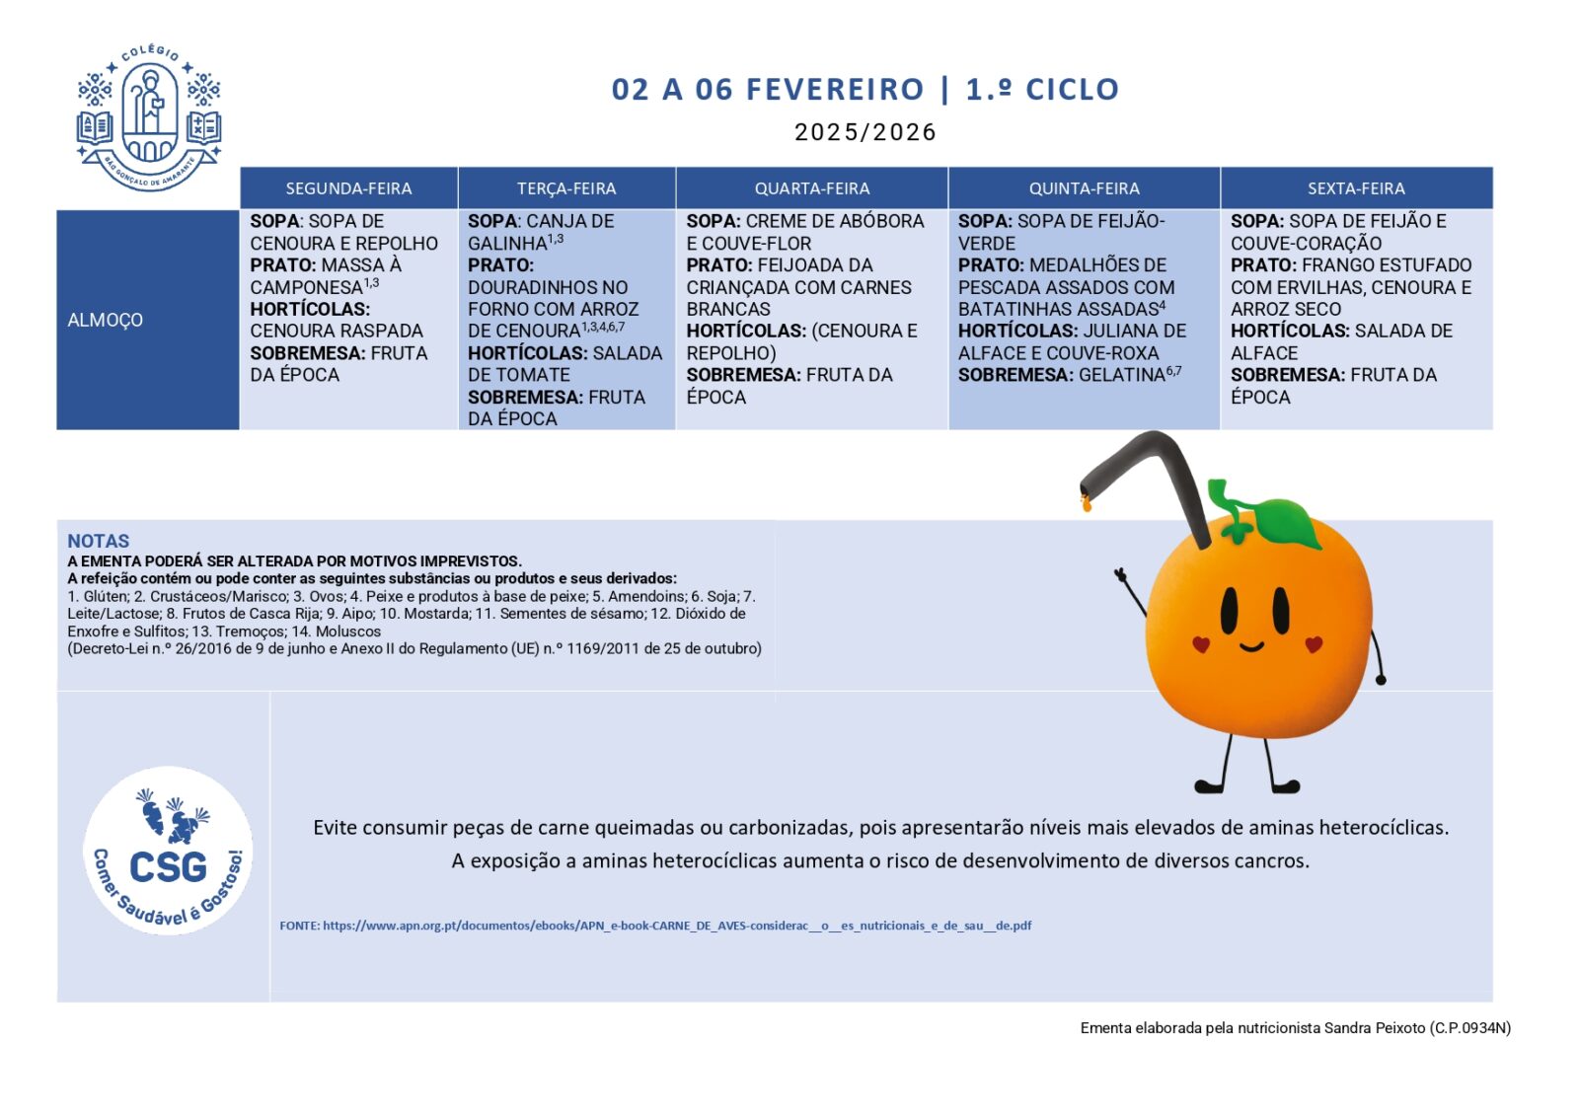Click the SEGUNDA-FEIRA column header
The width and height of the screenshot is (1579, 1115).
[x=348, y=188]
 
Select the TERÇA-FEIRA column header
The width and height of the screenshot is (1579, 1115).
[x=566, y=188]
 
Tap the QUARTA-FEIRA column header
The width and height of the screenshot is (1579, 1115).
[x=812, y=188]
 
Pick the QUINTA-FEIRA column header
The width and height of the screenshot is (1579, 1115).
[x=1084, y=188]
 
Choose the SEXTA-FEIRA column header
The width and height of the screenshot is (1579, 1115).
[x=1356, y=188]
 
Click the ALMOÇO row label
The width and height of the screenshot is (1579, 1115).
[x=106, y=320]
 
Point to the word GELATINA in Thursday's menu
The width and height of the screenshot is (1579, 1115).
[x=1122, y=375]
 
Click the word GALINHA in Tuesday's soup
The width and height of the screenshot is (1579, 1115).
[x=507, y=244]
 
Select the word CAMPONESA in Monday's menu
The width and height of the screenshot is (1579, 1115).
[x=306, y=287]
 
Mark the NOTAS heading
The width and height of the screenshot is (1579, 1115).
[x=99, y=541]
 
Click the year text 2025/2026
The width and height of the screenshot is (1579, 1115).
[x=865, y=132]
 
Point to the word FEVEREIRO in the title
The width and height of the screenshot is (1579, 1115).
[x=835, y=90]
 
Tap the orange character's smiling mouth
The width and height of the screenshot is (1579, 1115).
[x=1251, y=647]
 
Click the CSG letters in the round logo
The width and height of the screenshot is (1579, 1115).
[x=169, y=867]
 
